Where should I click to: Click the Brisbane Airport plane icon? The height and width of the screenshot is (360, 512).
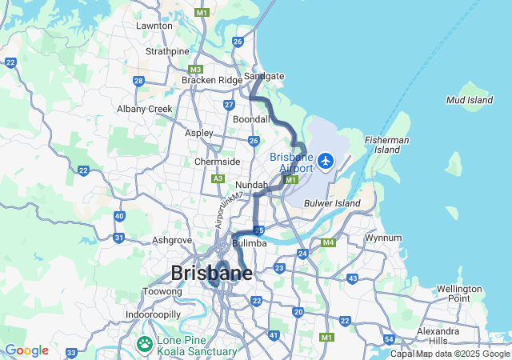[x=326, y=162]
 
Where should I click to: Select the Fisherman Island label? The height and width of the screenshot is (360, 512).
[x=387, y=145]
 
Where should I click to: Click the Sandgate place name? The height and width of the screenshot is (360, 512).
[x=265, y=76]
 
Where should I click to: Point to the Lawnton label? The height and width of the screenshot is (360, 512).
[x=154, y=26]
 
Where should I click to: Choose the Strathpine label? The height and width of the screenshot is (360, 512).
[x=167, y=51]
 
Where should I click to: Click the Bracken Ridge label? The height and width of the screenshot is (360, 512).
[x=212, y=80]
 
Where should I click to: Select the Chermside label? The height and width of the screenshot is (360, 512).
[x=218, y=162]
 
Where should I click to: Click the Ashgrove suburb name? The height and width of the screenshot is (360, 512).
[x=172, y=239]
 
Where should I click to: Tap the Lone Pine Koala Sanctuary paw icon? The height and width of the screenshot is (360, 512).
[x=145, y=345]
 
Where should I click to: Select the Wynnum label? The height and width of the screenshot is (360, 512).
[x=383, y=238]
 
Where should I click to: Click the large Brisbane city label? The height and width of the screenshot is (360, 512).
[x=211, y=273]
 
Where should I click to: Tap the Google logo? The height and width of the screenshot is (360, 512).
[x=26, y=350]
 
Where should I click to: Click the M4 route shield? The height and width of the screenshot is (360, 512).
[x=327, y=242]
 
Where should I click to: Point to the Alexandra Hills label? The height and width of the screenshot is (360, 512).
[x=438, y=336]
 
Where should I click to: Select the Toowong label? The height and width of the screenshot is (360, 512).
[x=163, y=292]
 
